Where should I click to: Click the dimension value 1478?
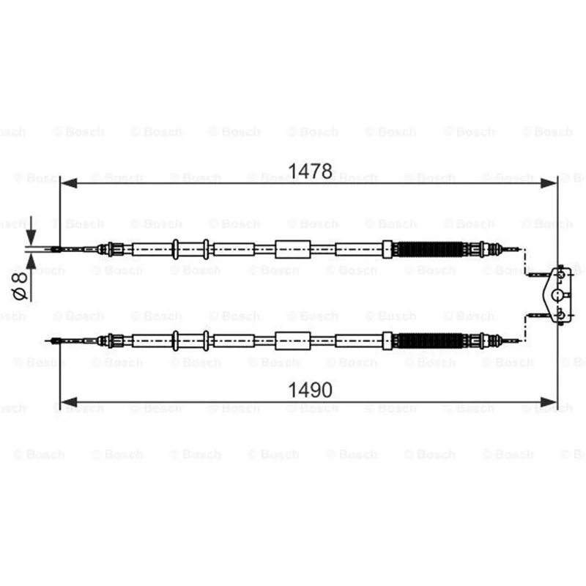[x=310, y=171]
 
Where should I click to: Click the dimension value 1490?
[x=310, y=390]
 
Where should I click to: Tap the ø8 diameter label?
[x=20, y=286]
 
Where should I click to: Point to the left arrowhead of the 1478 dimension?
[x=69, y=183]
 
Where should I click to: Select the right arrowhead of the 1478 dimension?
[x=549, y=183]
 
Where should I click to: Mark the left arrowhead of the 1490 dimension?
[x=69, y=402]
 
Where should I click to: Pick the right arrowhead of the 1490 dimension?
[x=549, y=402]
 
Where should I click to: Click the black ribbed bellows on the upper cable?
[x=430, y=249]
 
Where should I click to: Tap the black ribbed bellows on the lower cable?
[x=430, y=341]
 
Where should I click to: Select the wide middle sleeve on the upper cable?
[x=292, y=249]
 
